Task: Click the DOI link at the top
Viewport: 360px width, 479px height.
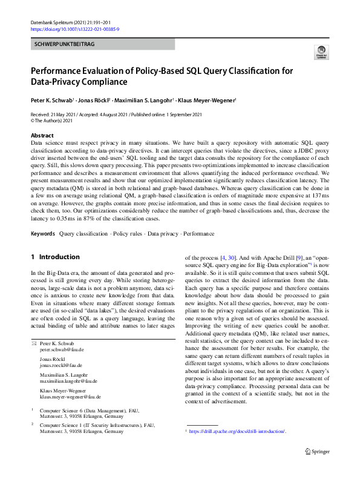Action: tap(74, 29)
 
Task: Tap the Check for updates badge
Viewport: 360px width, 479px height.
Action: tap(320, 55)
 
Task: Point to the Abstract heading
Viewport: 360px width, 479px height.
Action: tap(42, 136)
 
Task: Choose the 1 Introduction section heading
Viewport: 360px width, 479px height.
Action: tap(55, 257)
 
